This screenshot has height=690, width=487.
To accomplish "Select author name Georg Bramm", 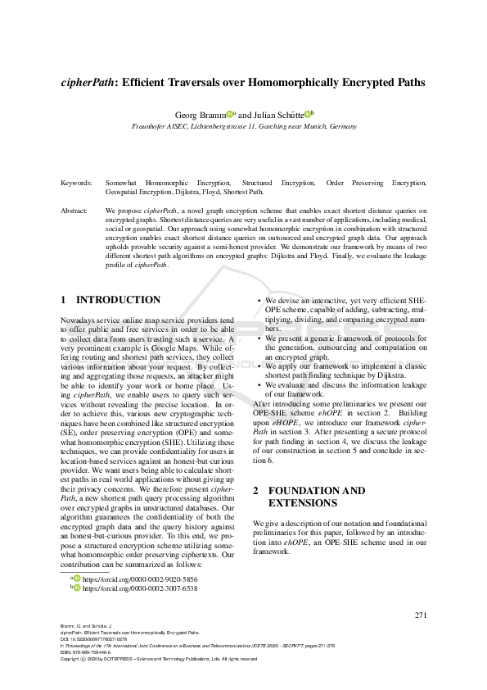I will pyautogui.click(x=200, y=116).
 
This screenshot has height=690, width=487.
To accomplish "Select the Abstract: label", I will pyautogui.click(x=76, y=211).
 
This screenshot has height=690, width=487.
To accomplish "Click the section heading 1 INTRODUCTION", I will pyautogui.click(x=110, y=300).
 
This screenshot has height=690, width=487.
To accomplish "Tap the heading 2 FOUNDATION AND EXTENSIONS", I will pyautogui.click(x=309, y=497).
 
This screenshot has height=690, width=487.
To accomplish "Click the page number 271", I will pyautogui.click(x=422, y=615).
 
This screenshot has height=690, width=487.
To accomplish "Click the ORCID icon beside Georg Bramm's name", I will pyautogui.click(x=230, y=114).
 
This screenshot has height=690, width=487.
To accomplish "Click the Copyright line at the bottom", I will pyautogui.click(x=177, y=659).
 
